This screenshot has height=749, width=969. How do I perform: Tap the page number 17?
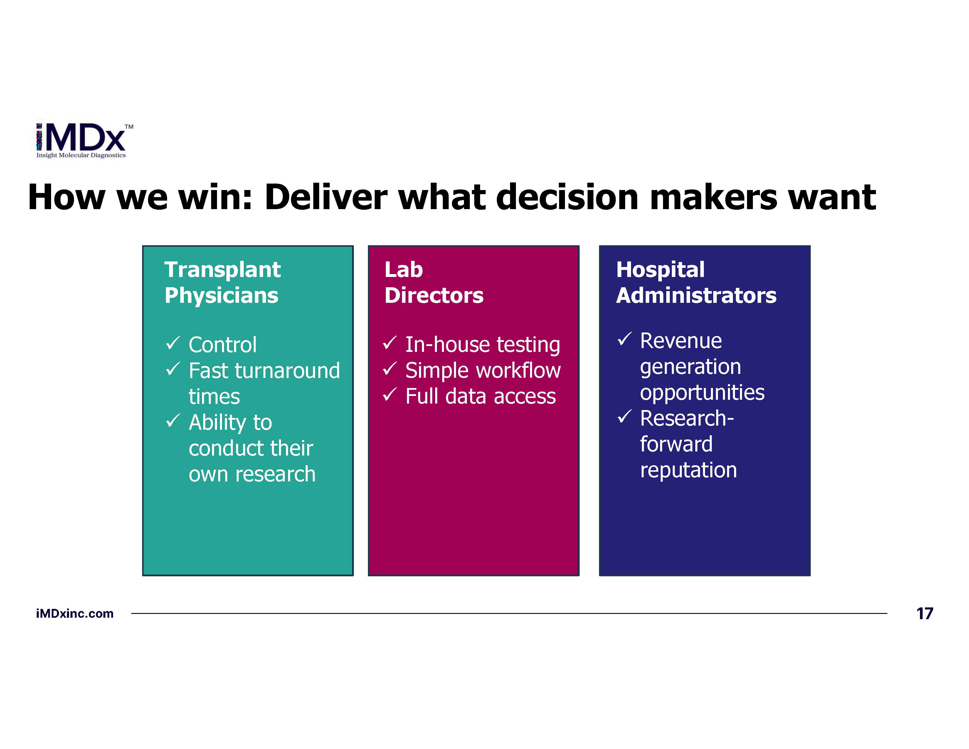925,614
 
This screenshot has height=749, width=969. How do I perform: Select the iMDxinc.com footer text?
75,614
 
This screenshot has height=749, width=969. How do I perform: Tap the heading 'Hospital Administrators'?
696,282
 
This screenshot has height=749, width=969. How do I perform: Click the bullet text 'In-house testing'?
483,345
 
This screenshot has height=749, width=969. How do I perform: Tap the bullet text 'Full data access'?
480,396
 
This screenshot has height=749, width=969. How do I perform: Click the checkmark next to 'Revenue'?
624,340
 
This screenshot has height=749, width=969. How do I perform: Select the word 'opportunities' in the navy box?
702,393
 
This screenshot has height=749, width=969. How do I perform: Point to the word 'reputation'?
689,470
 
